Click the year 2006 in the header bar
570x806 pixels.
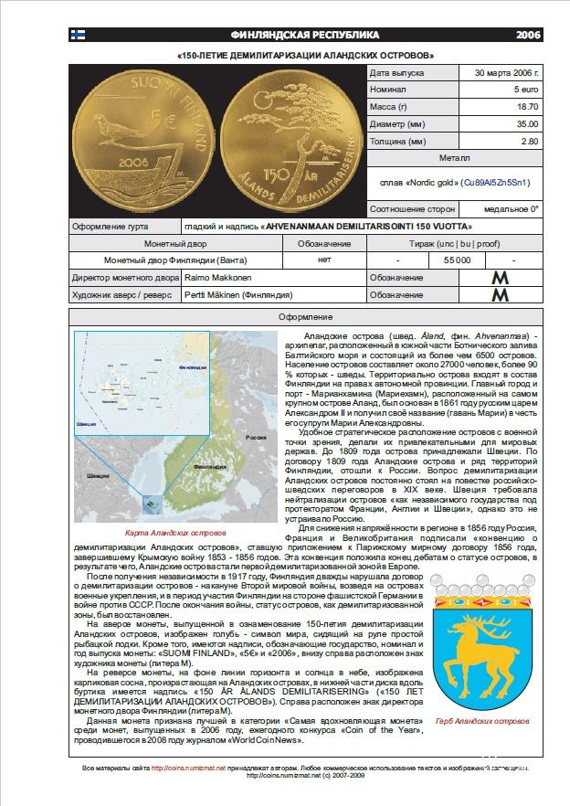(527, 35)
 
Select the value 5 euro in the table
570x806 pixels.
(525, 90)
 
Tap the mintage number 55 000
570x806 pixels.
(457, 260)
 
